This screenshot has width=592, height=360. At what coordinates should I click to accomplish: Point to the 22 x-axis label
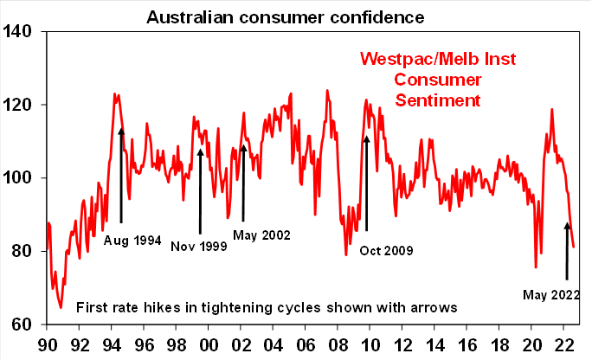(x=565, y=344)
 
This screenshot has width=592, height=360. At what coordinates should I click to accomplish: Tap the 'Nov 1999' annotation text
(x=198, y=247)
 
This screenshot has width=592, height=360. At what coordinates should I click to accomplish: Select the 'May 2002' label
(x=261, y=235)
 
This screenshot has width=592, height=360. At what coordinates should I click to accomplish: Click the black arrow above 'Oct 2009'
(x=366, y=182)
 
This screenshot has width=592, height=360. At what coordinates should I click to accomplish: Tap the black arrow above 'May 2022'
(x=567, y=251)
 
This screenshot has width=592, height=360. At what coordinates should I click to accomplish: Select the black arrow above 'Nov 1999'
(x=200, y=190)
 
